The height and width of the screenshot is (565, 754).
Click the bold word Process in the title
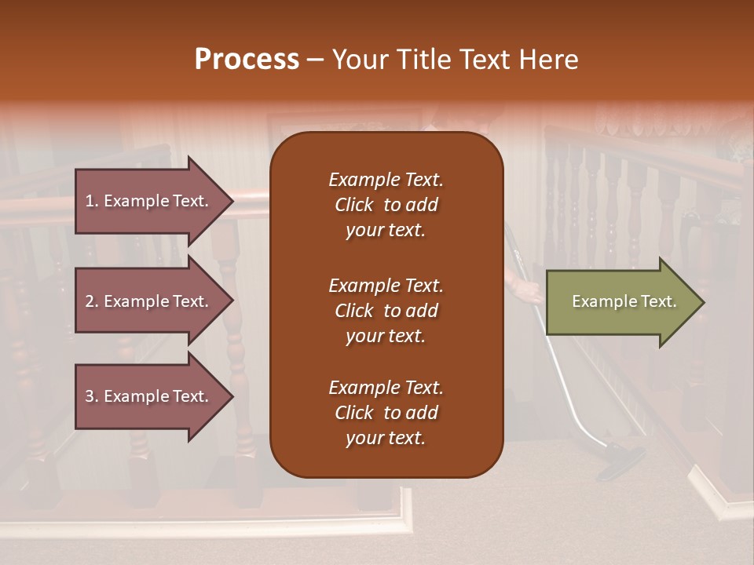247,60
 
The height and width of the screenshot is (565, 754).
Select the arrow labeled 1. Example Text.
149,201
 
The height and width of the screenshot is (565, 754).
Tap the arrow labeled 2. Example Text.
149,301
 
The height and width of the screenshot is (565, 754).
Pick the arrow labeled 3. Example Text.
149,396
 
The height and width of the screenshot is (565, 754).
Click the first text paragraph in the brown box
386,205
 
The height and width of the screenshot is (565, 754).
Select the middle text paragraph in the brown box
386,311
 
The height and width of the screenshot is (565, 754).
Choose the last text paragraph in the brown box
386,413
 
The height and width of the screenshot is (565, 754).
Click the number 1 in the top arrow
90,201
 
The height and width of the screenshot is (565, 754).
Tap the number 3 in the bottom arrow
90,396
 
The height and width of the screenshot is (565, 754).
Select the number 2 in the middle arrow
90,301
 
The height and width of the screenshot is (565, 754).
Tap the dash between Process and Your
315,60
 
